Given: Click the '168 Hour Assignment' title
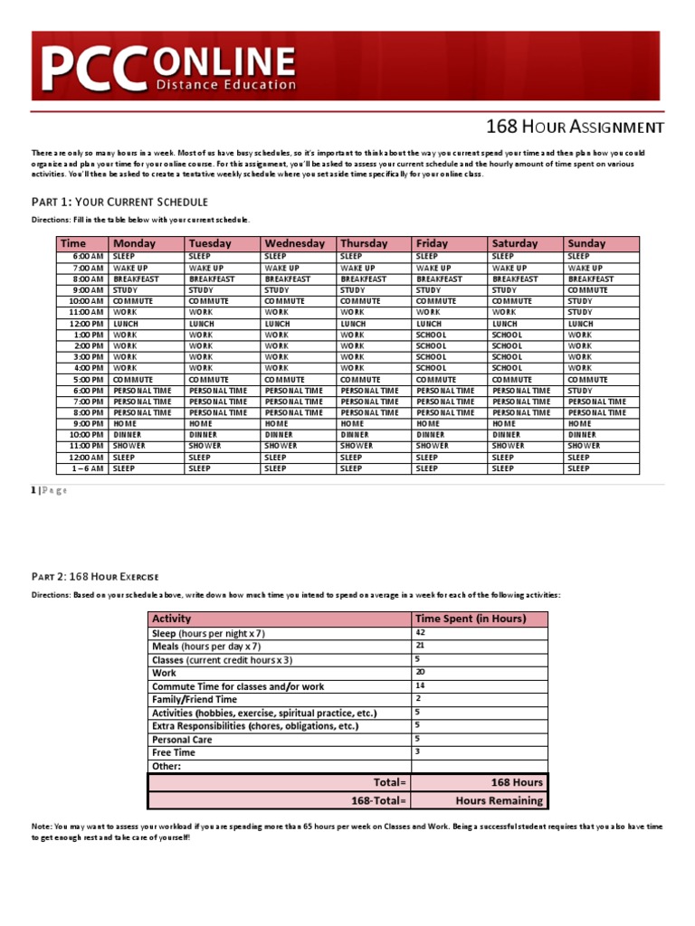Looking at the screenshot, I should pyautogui.click(x=576, y=128).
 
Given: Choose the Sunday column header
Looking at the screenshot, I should pyautogui.click(x=586, y=243).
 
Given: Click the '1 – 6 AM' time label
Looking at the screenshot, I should pyautogui.click(x=87, y=468).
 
